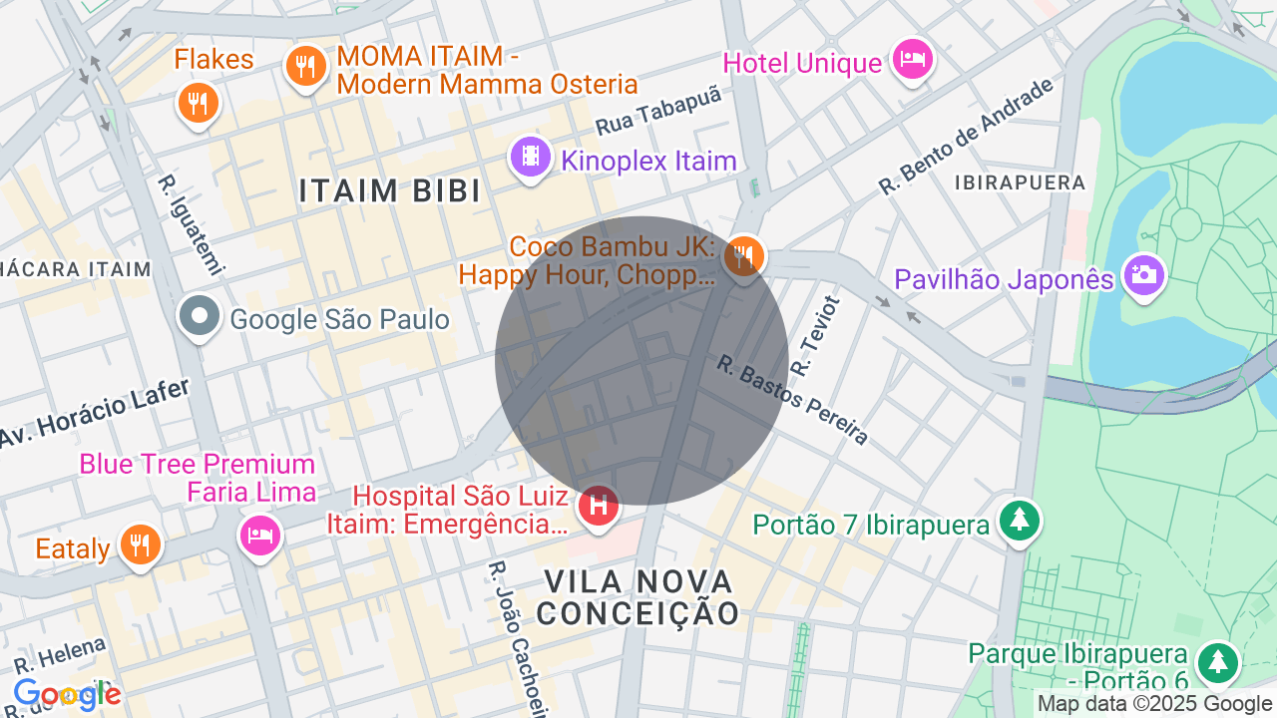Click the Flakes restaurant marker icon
(198, 102)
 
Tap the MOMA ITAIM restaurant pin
(306, 67)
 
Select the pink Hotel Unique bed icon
(912, 60)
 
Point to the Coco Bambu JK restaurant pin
(743, 256)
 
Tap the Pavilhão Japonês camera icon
(1143, 274)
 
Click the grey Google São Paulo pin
(200, 317)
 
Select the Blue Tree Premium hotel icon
(260, 535)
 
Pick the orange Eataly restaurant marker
(141, 544)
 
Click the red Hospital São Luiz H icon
(599, 506)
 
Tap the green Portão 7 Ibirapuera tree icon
(1019, 520)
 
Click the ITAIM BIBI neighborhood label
(390, 191)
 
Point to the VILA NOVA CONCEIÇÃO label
(638, 596)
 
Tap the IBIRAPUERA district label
(1020, 182)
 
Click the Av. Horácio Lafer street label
(94, 413)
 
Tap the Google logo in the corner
(67, 695)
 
